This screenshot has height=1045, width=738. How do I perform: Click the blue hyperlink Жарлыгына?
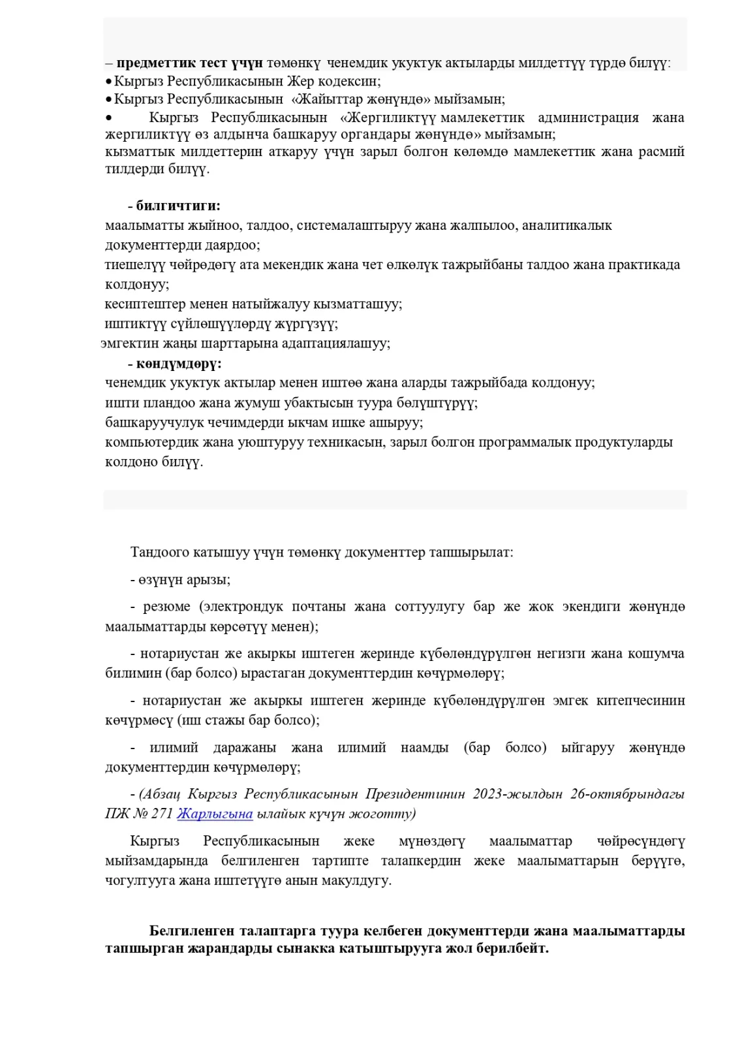[215, 814]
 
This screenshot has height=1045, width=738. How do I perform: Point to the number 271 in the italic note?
[162, 814]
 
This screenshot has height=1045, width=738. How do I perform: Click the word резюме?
[166, 607]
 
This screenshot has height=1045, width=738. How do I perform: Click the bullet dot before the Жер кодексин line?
[109, 82]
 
